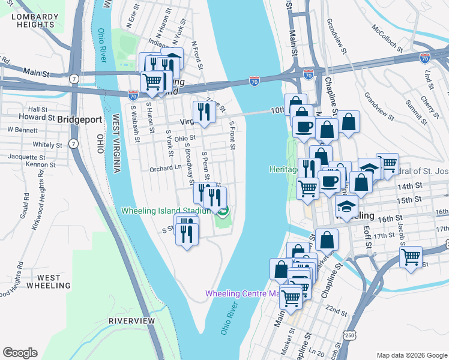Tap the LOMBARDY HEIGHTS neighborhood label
pyautogui.click(x=32, y=20)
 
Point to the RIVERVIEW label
pyautogui.click(x=131, y=321)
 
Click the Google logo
pyautogui.click(x=20, y=353)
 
